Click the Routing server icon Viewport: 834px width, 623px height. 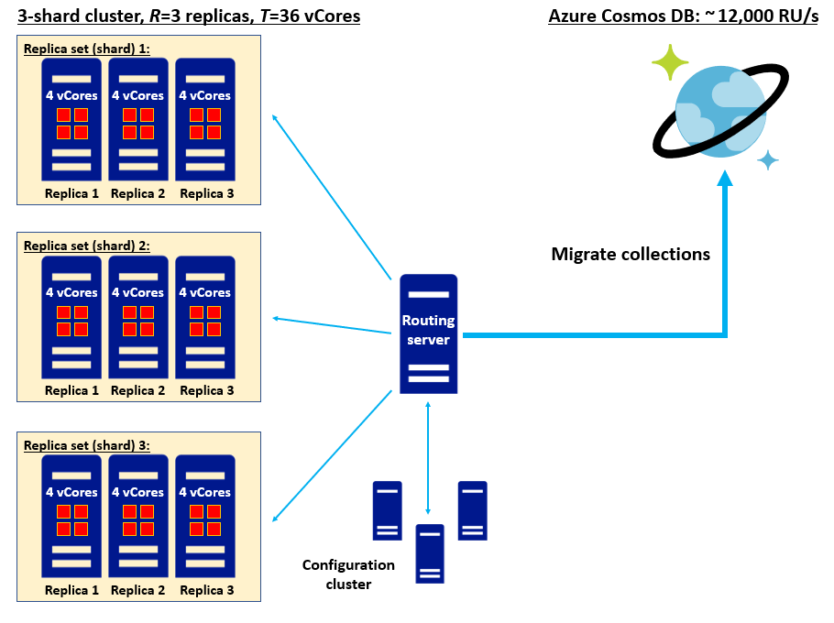click(x=429, y=333)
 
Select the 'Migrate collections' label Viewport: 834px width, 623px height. click(x=631, y=255)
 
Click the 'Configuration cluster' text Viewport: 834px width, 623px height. click(x=348, y=574)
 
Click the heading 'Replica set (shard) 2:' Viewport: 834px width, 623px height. click(x=86, y=246)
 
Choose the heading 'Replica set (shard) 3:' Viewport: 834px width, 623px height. click(x=86, y=445)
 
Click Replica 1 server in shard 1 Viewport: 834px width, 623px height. click(x=71, y=120)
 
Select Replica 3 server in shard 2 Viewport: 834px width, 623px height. click(x=205, y=317)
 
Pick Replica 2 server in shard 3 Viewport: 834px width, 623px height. click(x=138, y=517)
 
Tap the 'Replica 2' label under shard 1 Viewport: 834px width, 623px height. click(x=138, y=193)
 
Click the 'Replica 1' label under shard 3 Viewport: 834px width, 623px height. click(x=71, y=590)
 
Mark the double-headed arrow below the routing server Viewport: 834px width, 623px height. click(x=428, y=457)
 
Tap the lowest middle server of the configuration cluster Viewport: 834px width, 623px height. click(x=430, y=553)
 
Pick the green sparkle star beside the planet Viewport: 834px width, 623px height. click(x=670, y=62)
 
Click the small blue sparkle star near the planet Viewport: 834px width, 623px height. click(x=768, y=160)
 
